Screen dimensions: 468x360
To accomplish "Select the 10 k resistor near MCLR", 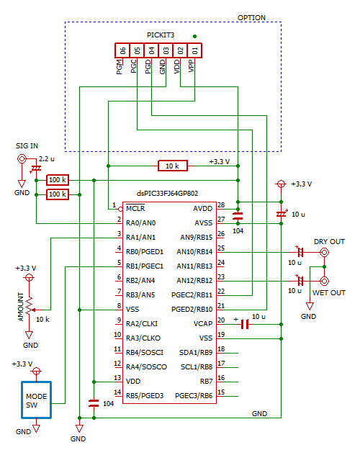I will tap(173, 166).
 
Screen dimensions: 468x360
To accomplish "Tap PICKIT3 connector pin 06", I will tap(122, 50).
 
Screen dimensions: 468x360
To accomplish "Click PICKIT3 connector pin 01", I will tap(194, 50).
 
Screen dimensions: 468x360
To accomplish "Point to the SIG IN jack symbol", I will tap(22, 158).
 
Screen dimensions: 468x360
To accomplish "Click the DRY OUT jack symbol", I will tap(325, 253).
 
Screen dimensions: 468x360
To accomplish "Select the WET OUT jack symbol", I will tap(325, 281).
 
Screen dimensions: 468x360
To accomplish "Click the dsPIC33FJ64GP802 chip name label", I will tap(167, 194).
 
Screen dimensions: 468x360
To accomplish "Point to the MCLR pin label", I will tap(137, 209).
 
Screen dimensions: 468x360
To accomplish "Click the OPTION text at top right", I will tap(251, 17).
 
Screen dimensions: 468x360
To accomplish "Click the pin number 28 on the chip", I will tap(221, 205).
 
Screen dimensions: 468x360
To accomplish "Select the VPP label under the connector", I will tap(192, 66).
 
